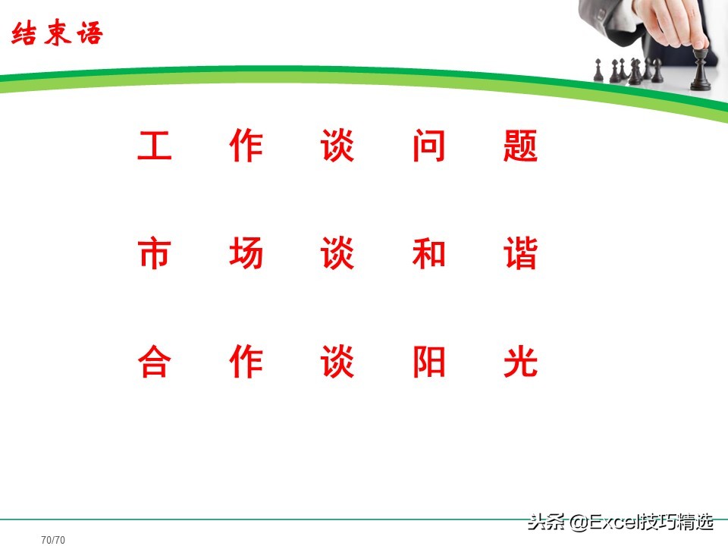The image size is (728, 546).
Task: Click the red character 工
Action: pyautogui.click(x=155, y=146)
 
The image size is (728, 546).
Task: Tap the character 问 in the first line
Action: pyautogui.click(x=428, y=146)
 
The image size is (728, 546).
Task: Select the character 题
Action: pyautogui.click(x=520, y=146)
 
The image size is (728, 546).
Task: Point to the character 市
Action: pyautogui.click(x=155, y=255)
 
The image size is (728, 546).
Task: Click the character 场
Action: pyautogui.click(x=246, y=255)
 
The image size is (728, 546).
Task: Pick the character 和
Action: pyautogui.click(x=428, y=255)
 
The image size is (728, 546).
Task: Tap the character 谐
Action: pyautogui.click(x=520, y=255)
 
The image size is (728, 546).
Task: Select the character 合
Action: pyautogui.click(x=155, y=363)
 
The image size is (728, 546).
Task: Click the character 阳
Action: pyautogui.click(x=428, y=363)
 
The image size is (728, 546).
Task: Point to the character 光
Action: pyautogui.click(x=520, y=363)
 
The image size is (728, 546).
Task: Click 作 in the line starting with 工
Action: pyautogui.click(x=246, y=146)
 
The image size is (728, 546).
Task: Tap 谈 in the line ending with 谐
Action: pyautogui.click(x=337, y=255)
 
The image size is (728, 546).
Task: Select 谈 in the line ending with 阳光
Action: pyautogui.click(x=337, y=363)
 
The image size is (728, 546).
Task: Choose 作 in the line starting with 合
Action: pyautogui.click(x=246, y=363)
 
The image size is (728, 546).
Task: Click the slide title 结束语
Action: pyautogui.click(x=57, y=35)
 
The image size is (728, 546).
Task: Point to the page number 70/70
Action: pyautogui.click(x=53, y=540)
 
